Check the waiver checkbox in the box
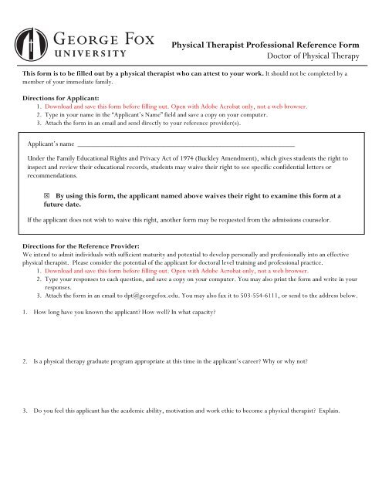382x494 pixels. [49, 198]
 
